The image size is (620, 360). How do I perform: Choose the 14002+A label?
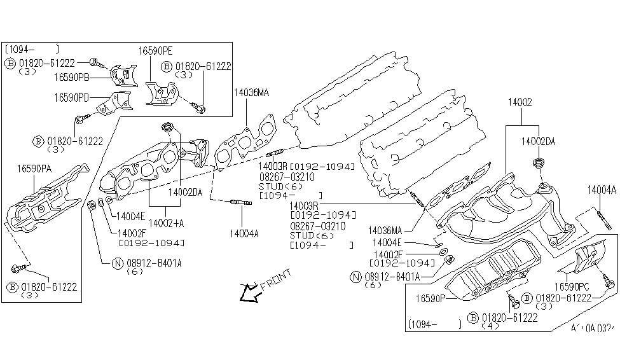click(167, 224)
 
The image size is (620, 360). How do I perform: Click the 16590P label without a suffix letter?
click(431, 298)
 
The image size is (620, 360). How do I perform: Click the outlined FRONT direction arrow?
click(245, 293)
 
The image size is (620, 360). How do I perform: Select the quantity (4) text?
click(490, 326)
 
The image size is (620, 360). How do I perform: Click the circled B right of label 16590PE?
click(167, 66)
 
